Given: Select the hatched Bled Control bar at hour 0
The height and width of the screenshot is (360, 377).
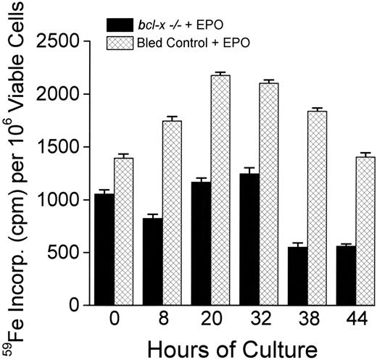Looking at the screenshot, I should click(124, 232).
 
